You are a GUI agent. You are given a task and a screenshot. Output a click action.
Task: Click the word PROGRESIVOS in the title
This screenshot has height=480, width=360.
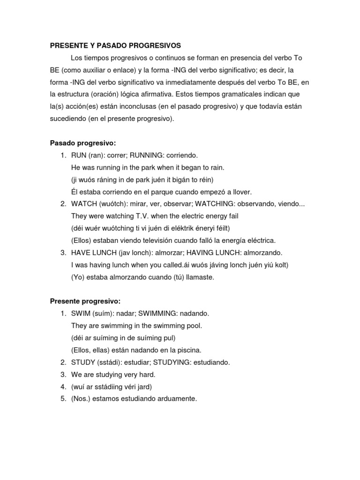click(154, 45)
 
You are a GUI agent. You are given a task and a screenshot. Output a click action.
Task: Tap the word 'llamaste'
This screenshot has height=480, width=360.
click(197, 277)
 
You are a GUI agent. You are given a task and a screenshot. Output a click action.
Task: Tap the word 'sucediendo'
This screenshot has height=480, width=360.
click(67, 119)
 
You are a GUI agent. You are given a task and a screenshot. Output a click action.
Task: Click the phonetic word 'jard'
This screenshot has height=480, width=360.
click(143, 387)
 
